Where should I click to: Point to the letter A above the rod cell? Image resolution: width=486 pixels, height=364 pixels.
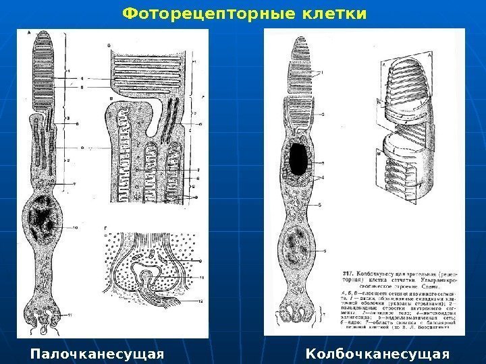pyautogui.click(x=29, y=32)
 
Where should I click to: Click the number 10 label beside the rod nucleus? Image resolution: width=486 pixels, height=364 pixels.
pyautogui.click(x=76, y=229)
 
